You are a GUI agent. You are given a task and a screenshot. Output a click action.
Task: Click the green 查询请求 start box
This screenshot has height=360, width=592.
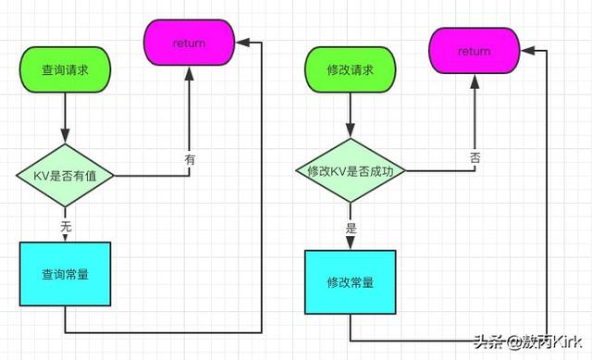(66, 69)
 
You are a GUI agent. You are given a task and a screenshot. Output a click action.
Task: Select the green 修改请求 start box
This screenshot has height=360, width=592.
(351, 69)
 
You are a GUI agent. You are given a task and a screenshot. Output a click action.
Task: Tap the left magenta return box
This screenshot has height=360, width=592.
(189, 42)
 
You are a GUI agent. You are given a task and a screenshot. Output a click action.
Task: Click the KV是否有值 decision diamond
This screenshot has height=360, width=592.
(66, 174)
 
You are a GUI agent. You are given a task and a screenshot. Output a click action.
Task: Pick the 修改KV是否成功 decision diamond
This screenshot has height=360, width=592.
(351, 171)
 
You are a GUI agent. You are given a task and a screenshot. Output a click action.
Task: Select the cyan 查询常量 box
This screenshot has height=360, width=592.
(66, 274)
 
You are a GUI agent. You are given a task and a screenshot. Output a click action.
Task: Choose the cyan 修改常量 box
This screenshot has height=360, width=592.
(351, 281)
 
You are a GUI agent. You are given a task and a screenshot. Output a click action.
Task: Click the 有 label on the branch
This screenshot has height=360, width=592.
(190, 159)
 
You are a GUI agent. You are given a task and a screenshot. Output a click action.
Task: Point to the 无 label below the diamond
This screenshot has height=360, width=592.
(66, 226)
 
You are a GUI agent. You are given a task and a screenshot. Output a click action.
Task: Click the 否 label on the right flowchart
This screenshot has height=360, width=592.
(475, 157)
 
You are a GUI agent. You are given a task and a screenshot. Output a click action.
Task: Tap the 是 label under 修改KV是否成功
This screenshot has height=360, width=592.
(351, 226)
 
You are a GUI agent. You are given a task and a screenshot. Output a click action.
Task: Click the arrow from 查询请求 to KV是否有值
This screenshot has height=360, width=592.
(66, 116)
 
